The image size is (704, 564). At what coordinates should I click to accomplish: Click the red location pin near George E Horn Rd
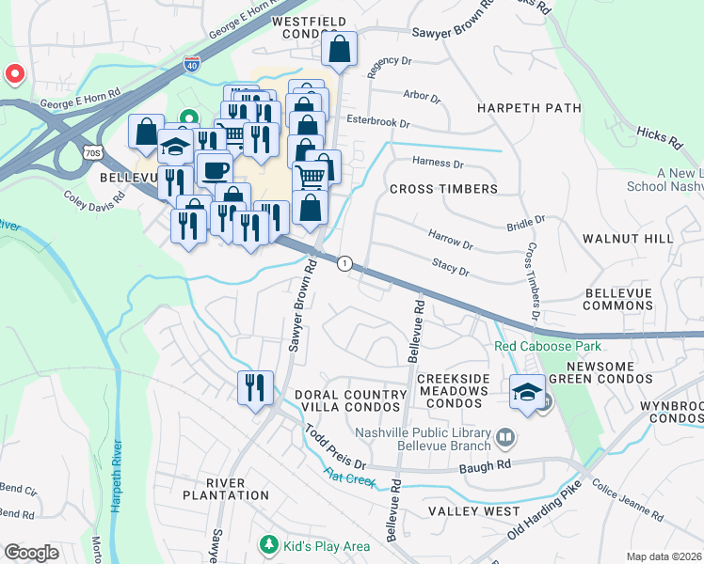(x=14, y=73)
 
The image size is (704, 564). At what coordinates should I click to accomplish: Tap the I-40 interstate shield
(x=191, y=65)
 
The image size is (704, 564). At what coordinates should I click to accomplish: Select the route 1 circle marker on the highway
(x=345, y=264)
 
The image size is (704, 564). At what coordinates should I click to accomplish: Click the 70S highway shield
(x=91, y=152)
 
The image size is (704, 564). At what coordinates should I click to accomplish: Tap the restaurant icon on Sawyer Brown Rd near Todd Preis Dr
(x=255, y=387)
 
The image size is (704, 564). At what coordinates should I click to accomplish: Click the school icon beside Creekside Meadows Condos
(x=528, y=391)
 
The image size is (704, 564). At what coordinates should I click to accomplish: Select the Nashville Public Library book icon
(x=505, y=437)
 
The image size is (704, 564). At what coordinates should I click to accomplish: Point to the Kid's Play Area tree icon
(x=268, y=545)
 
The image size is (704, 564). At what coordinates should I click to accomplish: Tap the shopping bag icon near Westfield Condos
(x=340, y=49)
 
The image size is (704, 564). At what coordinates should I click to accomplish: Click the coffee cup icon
(x=215, y=170)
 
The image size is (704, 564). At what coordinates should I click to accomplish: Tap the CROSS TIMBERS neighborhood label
(x=443, y=189)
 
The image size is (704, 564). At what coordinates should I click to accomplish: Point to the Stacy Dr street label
(x=450, y=269)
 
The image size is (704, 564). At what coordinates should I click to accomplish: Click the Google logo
(x=31, y=553)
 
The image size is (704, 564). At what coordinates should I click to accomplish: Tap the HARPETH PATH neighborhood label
(x=528, y=108)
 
